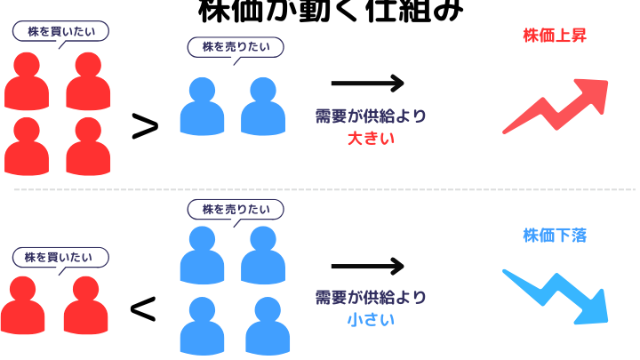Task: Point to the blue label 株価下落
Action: (555, 236)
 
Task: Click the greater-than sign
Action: (145, 127)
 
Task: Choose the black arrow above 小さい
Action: (367, 266)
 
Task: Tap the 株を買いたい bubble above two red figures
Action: (60, 258)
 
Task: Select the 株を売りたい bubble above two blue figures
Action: (236, 47)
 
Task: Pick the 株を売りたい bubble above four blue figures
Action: (235, 210)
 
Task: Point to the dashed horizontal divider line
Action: (320, 189)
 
